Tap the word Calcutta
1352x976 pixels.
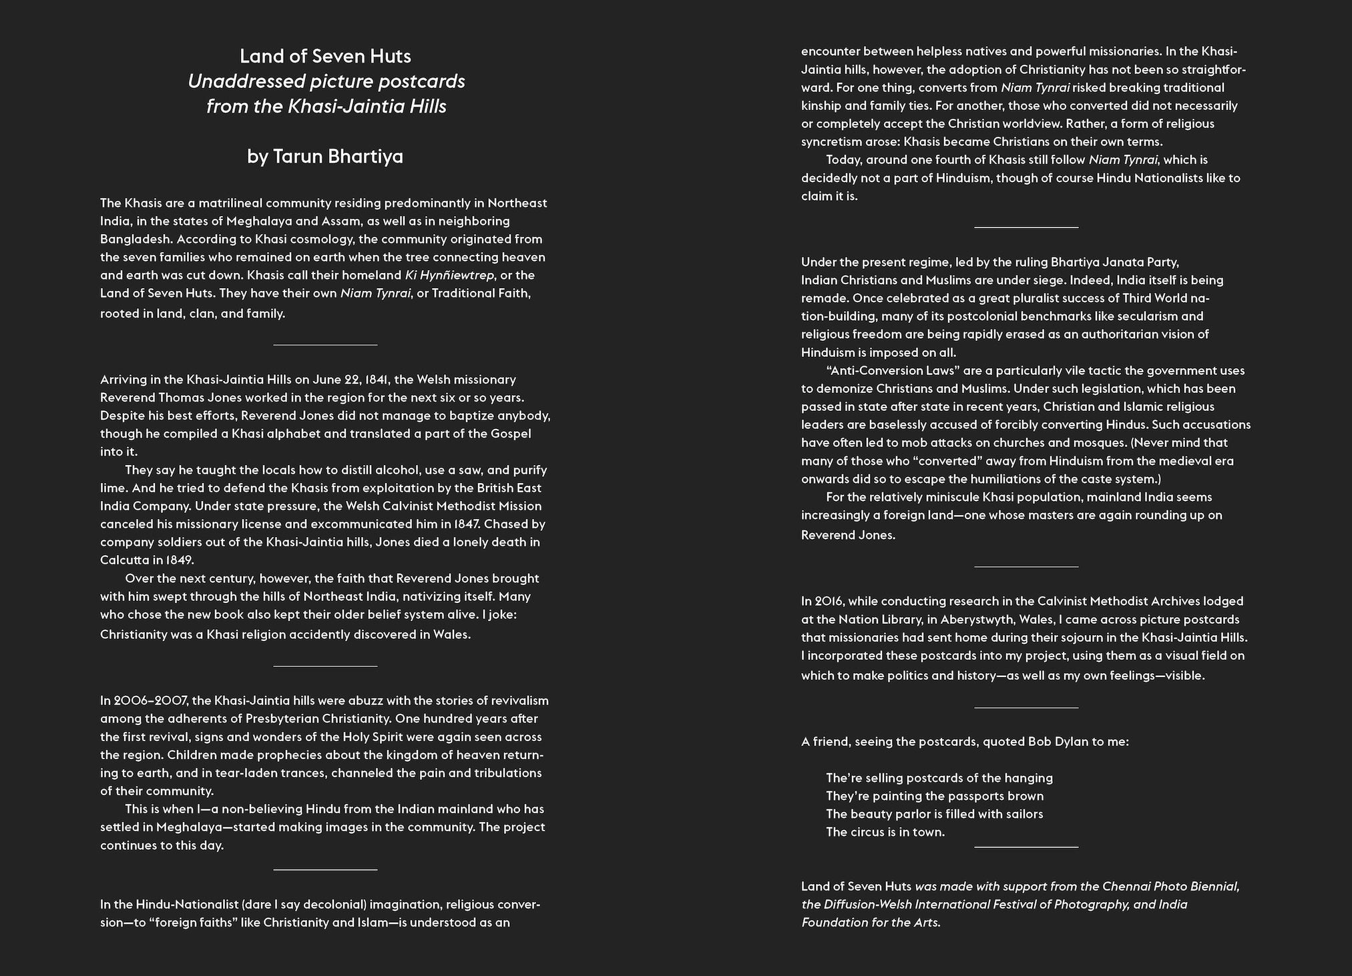(124, 560)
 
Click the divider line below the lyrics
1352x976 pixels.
(1026, 847)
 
